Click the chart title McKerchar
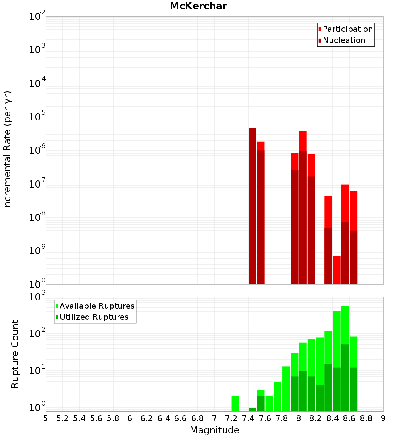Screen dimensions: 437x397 coord(198,6)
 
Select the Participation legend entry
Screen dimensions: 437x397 coord(347,29)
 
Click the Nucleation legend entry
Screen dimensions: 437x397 coord(343,40)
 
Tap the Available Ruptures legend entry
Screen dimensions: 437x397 coord(96,306)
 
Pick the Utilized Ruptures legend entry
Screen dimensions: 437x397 coord(94,317)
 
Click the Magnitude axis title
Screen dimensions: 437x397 coord(214,430)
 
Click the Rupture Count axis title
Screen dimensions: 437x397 coord(15,354)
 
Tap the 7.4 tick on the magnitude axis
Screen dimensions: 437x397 coord(248,418)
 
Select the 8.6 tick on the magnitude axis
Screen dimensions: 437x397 coord(349,418)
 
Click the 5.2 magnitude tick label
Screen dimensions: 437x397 coord(63,418)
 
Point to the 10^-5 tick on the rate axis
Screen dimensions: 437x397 coord(37,117)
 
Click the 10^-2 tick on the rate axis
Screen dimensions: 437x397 coord(37,17)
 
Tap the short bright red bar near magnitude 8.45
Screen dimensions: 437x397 coord(337,270)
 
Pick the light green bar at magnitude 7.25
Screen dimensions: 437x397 coord(235,404)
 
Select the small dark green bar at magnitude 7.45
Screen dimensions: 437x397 coord(252,409)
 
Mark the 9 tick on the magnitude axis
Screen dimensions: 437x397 coord(383,418)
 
